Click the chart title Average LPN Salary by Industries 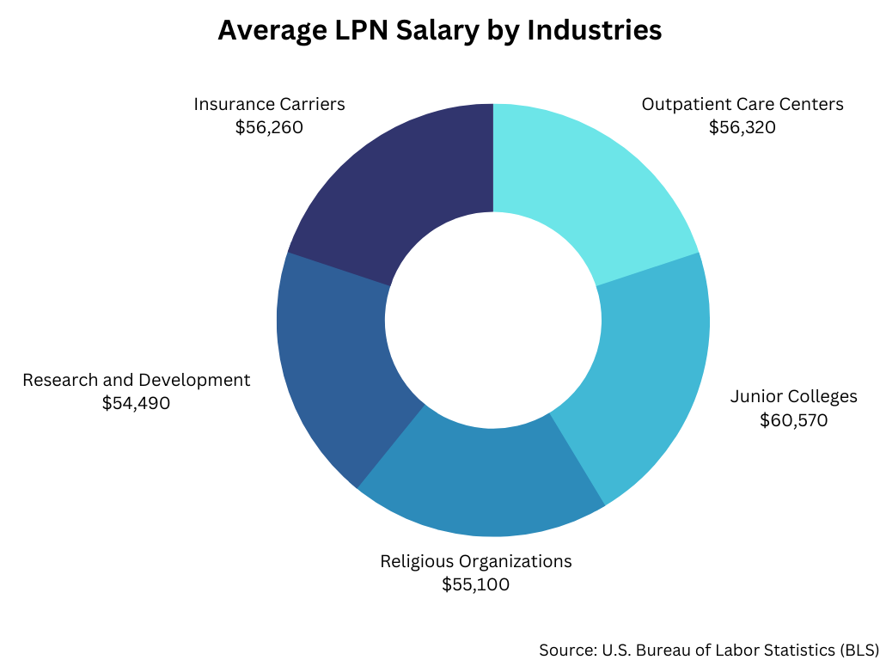point(439,30)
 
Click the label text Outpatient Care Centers point(742,104)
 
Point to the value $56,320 point(742,127)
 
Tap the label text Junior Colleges point(793,396)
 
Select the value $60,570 point(793,420)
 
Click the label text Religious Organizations point(475,561)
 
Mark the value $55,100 point(475,585)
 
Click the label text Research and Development point(137,379)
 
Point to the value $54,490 point(136,402)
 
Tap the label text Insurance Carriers point(269,104)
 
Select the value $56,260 point(269,127)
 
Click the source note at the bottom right point(709,649)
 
